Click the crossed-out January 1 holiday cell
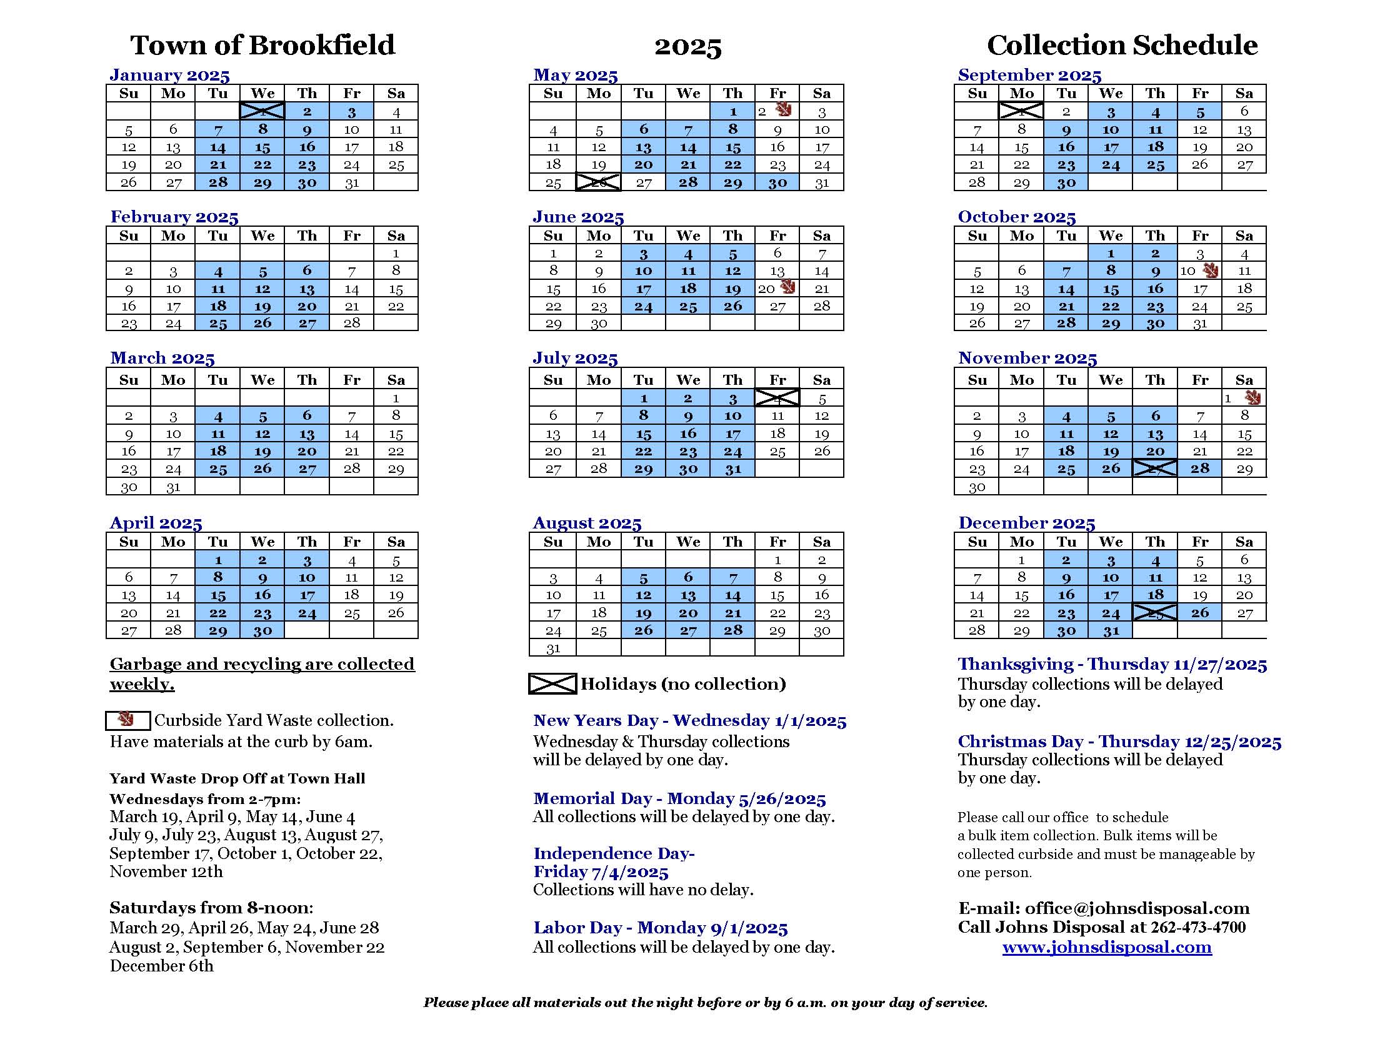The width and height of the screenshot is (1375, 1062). (262, 111)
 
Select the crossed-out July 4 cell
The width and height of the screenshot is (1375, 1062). (777, 397)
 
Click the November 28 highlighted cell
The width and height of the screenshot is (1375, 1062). (1199, 469)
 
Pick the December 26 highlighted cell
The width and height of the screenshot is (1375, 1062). (1199, 613)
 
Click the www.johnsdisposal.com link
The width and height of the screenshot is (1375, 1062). (1107, 947)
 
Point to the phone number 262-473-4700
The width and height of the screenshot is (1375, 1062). (1198, 927)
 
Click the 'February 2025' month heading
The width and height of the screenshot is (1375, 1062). (174, 217)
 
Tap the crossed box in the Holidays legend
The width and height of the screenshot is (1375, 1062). (552, 684)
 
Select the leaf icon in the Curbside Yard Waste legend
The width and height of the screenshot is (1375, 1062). (127, 720)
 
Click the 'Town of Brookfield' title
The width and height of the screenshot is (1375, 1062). (262, 46)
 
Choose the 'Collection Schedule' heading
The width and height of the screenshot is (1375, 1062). (1122, 46)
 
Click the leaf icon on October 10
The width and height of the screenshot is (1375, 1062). (1209, 271)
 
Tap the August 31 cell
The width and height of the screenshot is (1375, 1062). (552, 648)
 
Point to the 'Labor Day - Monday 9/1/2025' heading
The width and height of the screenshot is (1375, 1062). (661, 927)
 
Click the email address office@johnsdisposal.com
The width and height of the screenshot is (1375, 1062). (1137, 908)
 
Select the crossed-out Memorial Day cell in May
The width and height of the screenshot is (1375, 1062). (598, 182)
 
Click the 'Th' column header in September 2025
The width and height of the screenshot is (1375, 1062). (1154, 93)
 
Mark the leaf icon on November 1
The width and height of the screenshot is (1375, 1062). (1252, 397)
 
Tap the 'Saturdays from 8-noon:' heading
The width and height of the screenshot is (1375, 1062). (211, 908)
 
